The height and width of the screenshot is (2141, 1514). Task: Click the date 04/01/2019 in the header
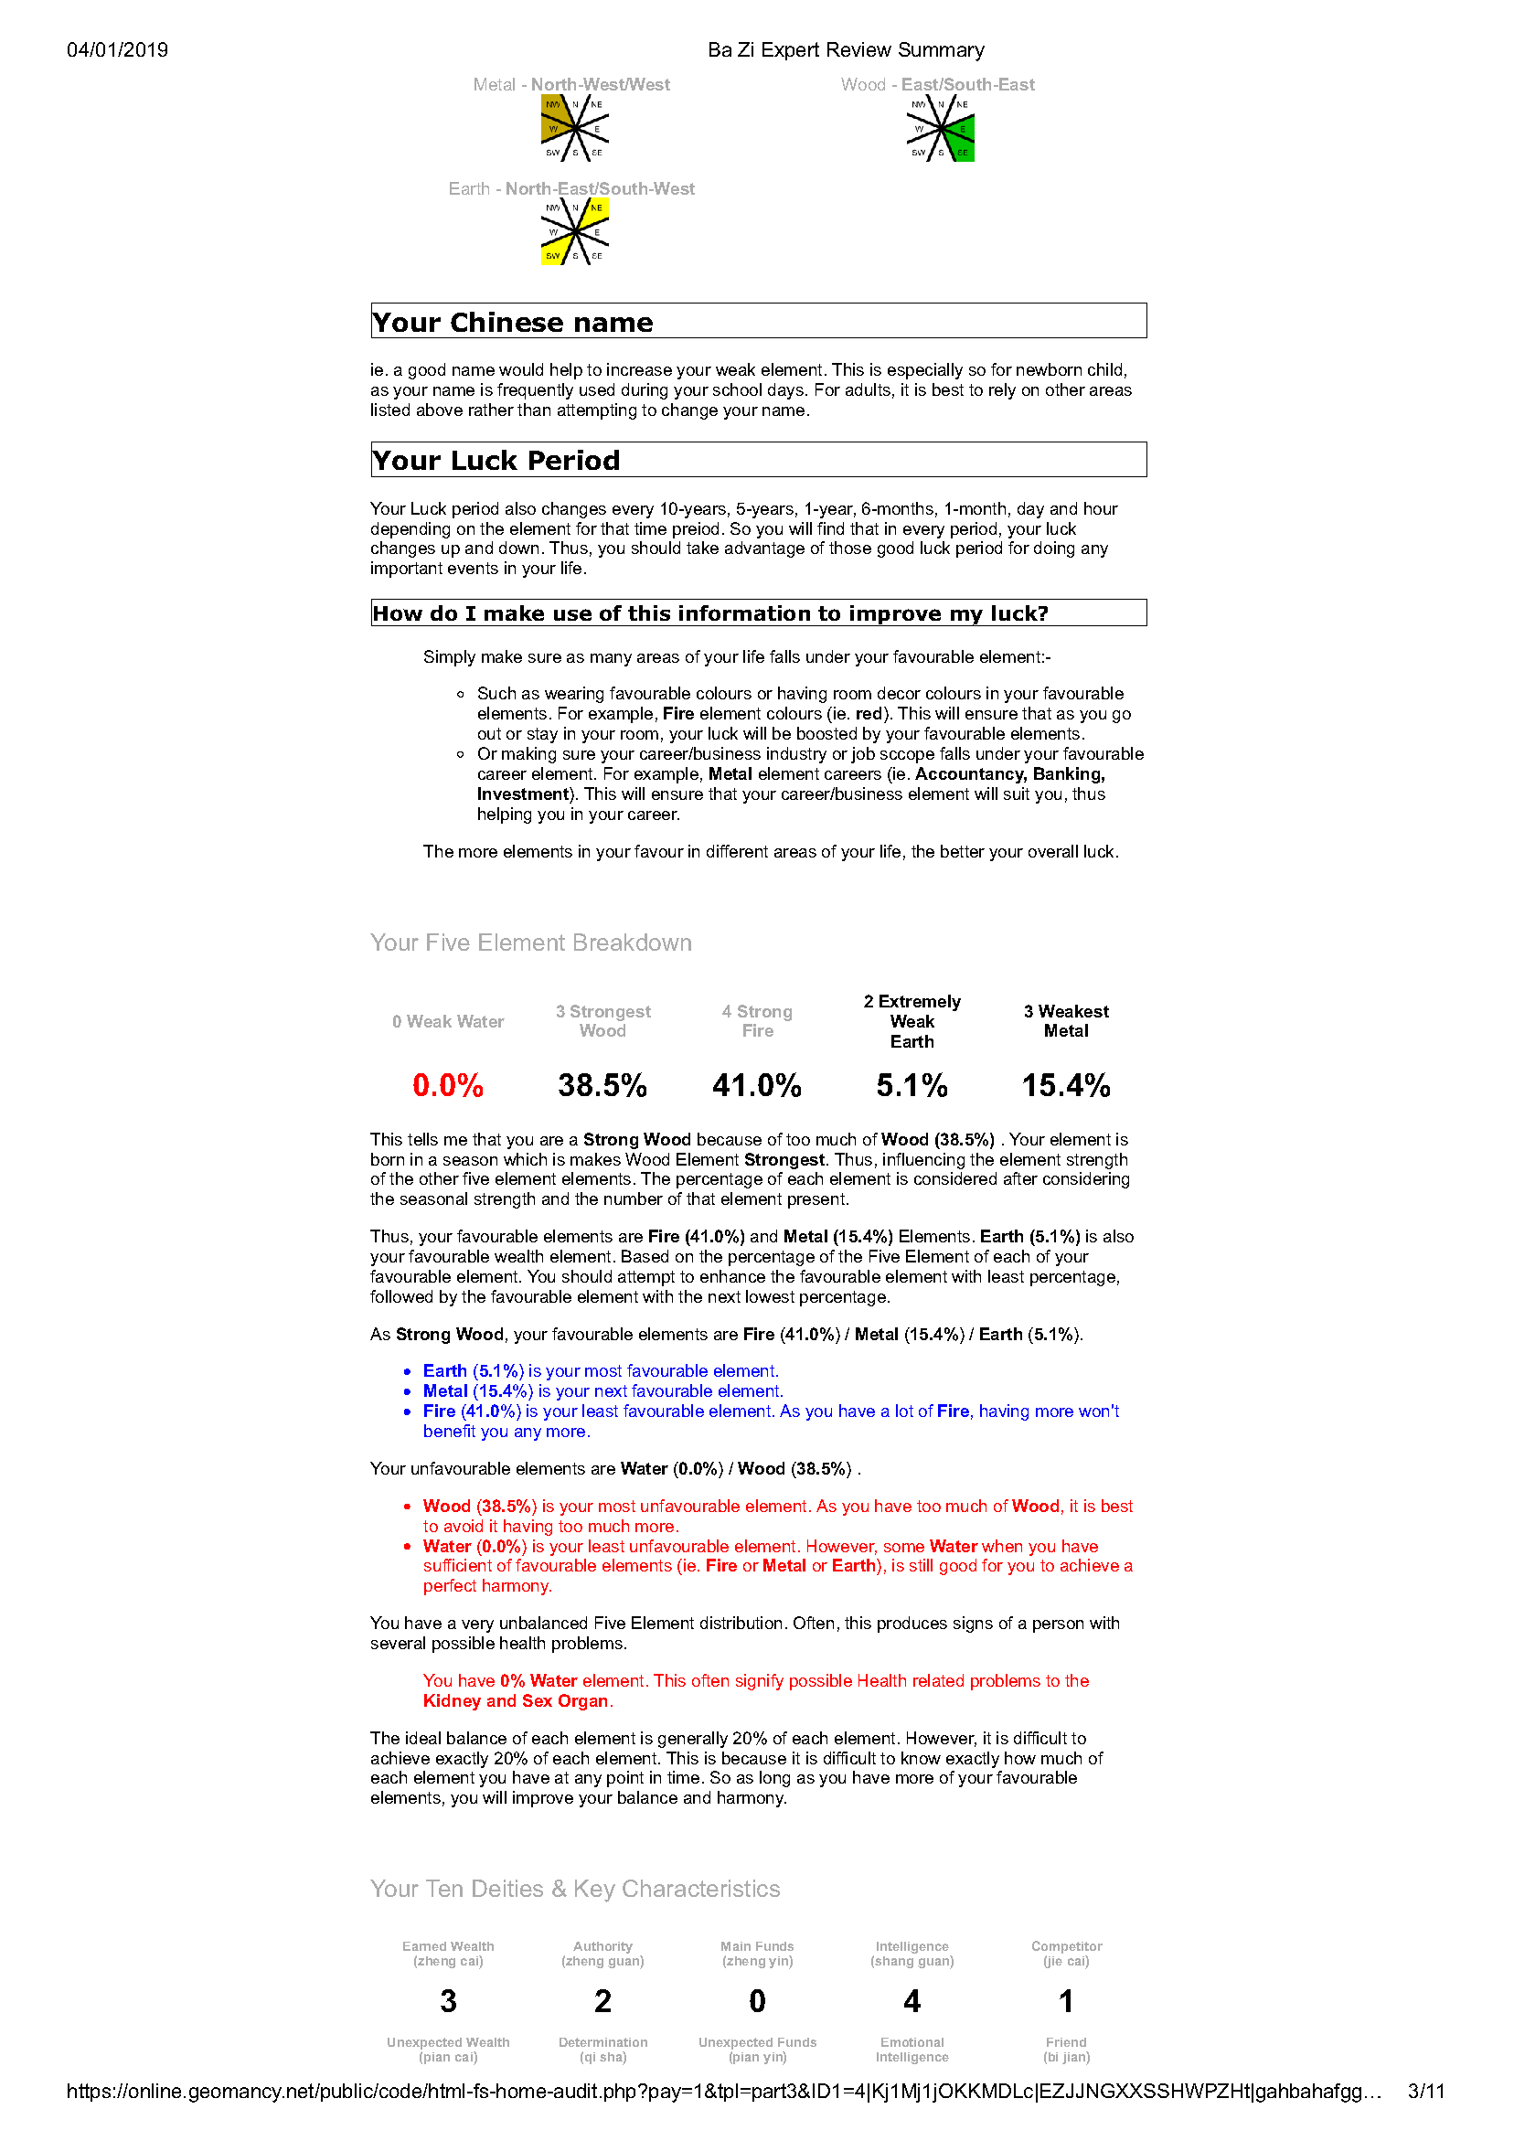118,50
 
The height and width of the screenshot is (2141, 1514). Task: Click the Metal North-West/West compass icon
575,128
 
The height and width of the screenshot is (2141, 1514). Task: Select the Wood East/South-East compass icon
940,128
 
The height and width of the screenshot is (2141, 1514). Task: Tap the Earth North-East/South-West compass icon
575,231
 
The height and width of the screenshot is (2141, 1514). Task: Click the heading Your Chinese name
512,323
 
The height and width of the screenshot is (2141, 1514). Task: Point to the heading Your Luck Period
496,461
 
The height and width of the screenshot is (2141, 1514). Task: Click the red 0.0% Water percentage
448,1085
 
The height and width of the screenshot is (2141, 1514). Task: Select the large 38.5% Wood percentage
602,1085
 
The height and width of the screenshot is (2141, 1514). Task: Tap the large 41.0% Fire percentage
756,1085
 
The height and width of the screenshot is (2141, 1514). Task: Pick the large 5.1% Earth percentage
912,1085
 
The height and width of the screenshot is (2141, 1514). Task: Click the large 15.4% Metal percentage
1066,1085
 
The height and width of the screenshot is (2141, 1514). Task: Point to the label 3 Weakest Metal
1066,1021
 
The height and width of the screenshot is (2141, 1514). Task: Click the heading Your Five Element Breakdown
531,943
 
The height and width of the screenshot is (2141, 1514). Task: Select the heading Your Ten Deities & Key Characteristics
575,1889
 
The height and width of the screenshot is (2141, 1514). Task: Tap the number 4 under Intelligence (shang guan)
912,2001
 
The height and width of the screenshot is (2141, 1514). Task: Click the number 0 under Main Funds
756,2001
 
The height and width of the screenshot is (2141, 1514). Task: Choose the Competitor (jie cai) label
1066,1954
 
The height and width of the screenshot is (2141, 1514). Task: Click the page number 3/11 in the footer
1425,2092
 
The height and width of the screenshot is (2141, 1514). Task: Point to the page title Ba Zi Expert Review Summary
846,50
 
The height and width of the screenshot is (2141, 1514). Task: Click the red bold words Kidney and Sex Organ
516,1701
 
